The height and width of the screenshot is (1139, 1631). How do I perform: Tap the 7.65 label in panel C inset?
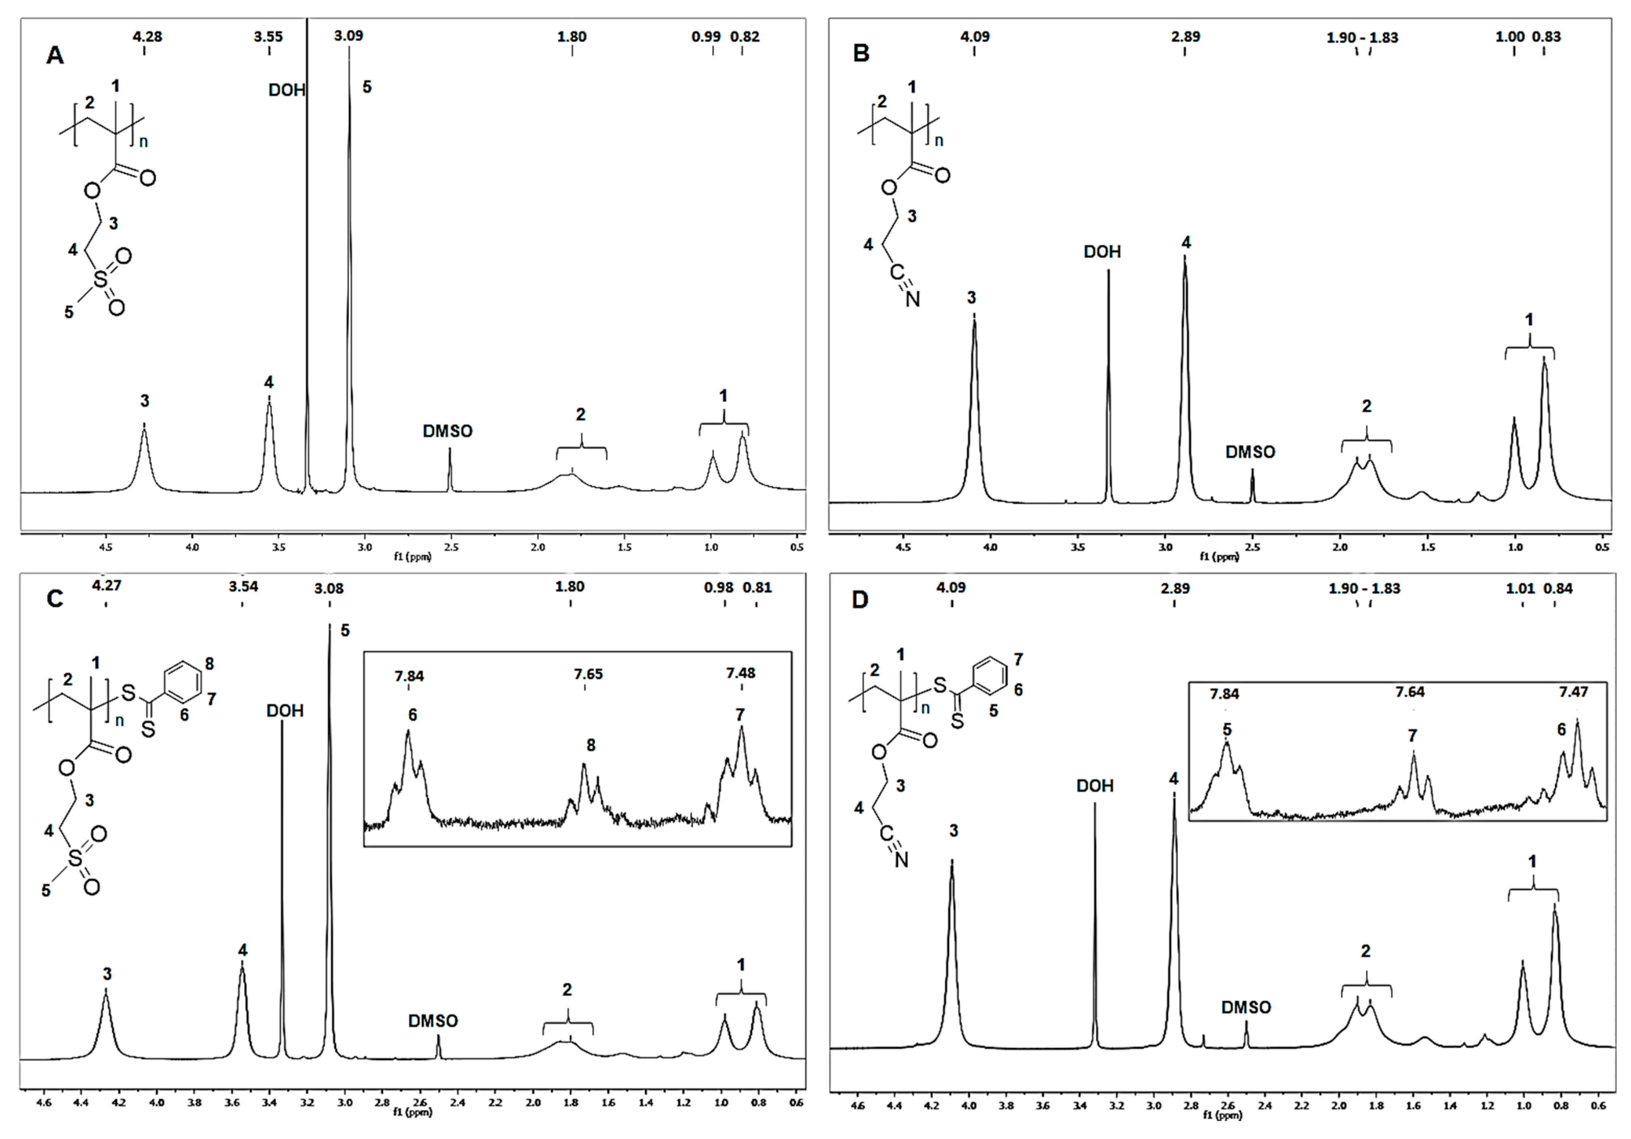pos(588,674)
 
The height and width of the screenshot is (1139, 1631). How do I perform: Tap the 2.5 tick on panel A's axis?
pos(451,548)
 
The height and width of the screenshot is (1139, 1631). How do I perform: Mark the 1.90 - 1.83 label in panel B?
pos(1362,38)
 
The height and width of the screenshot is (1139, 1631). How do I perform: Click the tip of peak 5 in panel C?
pos(329,625)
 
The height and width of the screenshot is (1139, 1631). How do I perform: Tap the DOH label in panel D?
pos(1094,786)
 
